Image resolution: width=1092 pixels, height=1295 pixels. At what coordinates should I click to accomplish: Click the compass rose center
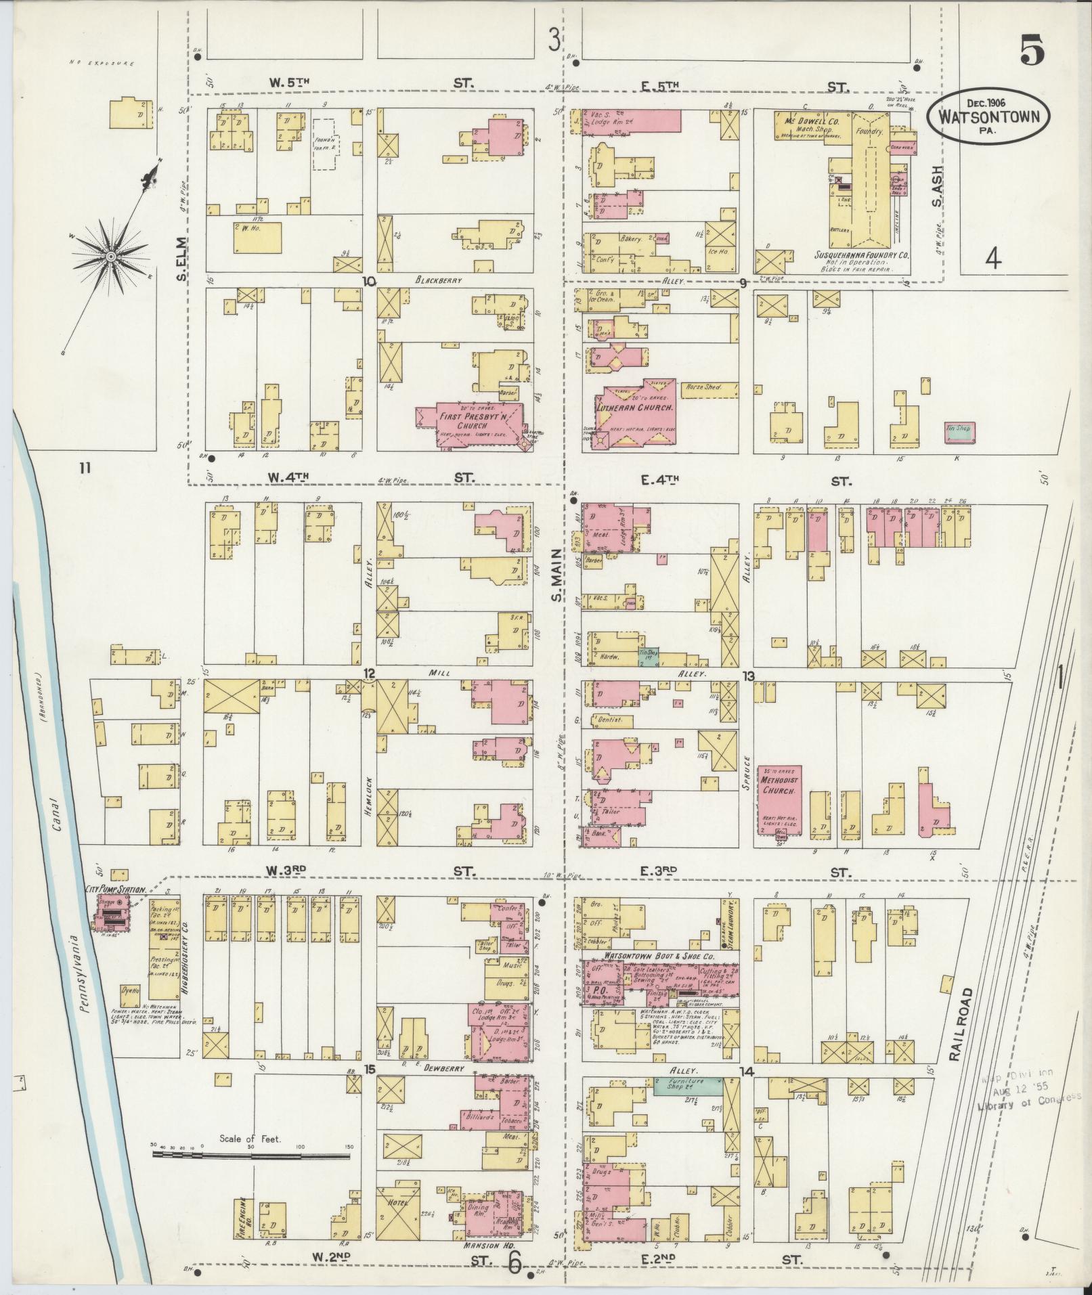pyautogui.click(x=110, y=256)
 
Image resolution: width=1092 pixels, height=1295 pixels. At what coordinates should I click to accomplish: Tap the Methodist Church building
pyautogui.click(x=779, y=799)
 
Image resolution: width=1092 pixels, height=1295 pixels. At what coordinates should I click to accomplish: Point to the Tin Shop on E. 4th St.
pyautogui.click(x=959, y=432)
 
